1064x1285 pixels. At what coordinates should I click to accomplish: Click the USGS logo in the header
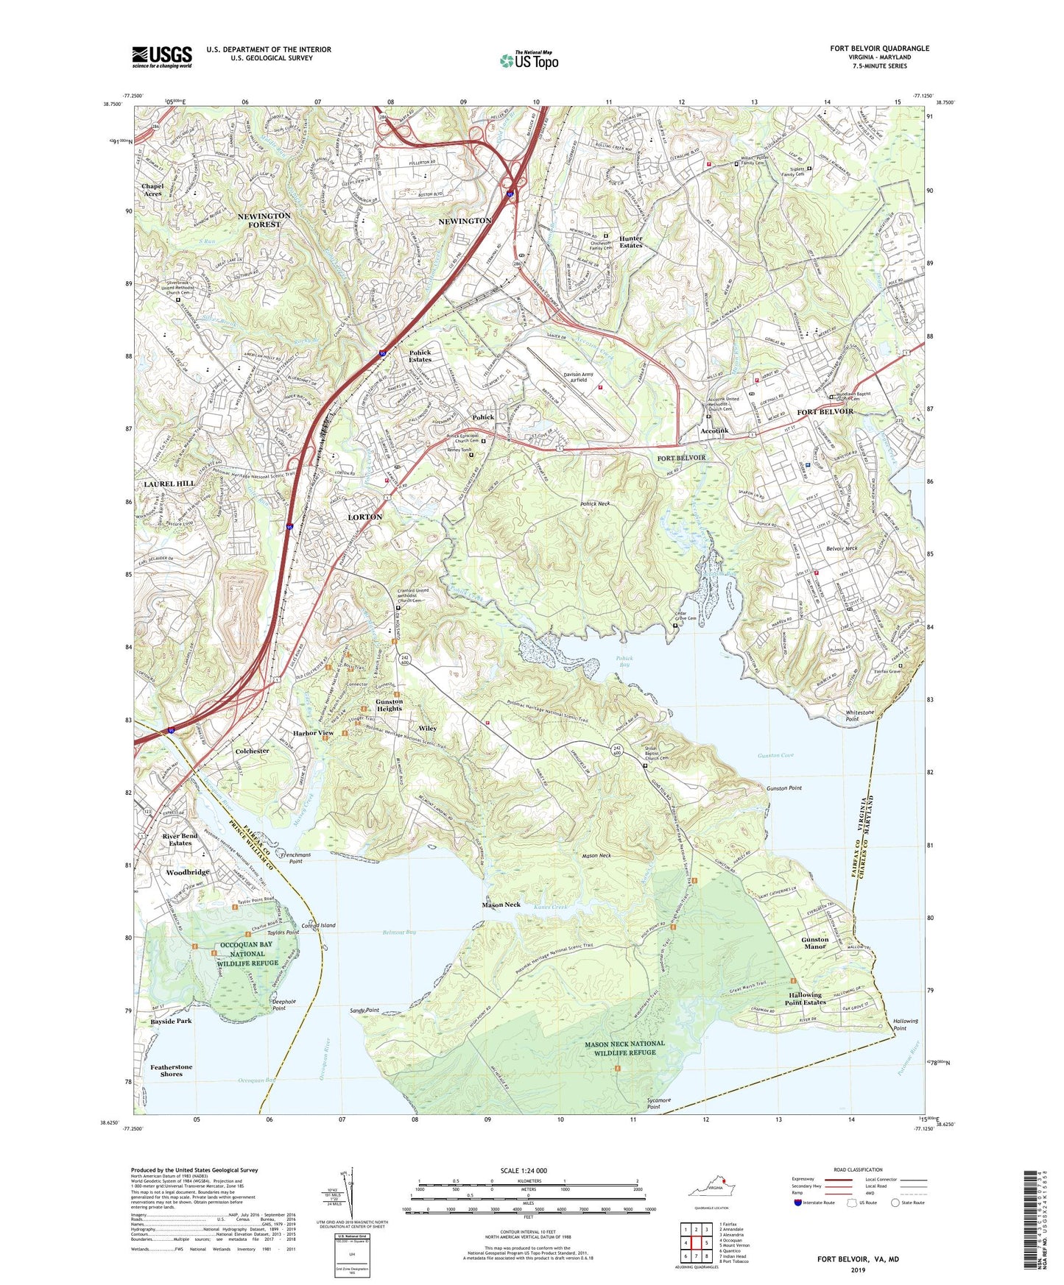click(162, 57)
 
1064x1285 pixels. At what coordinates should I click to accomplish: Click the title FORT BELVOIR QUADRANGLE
click(879, 49)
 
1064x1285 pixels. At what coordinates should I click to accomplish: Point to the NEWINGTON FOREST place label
click(264, 220)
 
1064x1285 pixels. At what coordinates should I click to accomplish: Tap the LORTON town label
click(364, 517)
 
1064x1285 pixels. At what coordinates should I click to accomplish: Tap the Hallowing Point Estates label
click(804, 999)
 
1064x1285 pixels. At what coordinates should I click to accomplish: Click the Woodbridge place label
click(188, 872)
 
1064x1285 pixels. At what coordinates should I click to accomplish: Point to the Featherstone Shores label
click(172, 1070)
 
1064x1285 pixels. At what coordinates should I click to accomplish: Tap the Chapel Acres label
click(152, 190)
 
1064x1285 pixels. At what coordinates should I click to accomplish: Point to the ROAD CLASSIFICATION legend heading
click(857, 1169)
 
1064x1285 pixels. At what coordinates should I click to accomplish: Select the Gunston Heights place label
click(389, 705)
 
